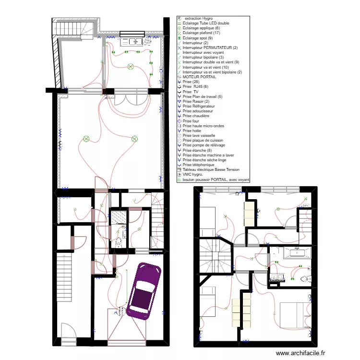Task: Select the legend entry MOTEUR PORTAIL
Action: pyautogui.click(x=199, y=77)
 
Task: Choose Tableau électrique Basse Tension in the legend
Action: pyautogui.click(x=211, y=169)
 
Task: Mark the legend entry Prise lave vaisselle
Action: pyautogui.click(x=199, y=135)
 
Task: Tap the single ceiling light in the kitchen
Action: pyautogui.click(x=130, y=66)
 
